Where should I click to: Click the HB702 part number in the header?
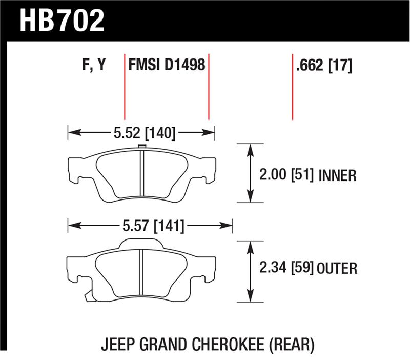point(62,21)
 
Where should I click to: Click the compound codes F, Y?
point(94,65)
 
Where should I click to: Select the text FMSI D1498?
point(167,65)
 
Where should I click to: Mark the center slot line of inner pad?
point(141,175)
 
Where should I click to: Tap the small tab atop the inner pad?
point(141,148)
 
